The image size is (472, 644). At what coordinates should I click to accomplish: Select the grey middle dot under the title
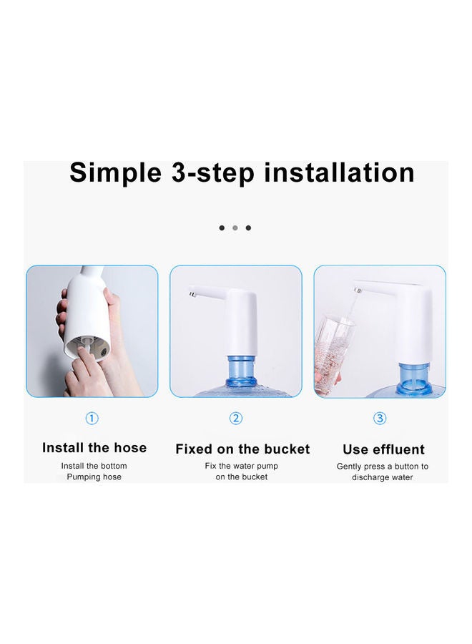click(x=235, y=228)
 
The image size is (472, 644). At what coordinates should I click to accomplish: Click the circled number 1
click(x=92, y=419)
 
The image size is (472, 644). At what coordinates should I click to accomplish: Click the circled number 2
click(x=236, y=419)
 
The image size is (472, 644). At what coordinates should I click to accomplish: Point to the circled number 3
click(x=380, y=419)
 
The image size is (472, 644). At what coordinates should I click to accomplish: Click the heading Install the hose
click(x=94, y=448)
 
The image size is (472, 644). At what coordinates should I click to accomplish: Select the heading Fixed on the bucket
click(x=242, y=449)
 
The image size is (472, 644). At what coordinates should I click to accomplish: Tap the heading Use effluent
click(x=383, y=449)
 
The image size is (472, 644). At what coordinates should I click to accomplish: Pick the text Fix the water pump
click(x=242, y=467)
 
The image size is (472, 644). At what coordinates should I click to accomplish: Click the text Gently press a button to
click(x=383, y=467)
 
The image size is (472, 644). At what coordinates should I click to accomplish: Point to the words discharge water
click(x=383, y=477)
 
